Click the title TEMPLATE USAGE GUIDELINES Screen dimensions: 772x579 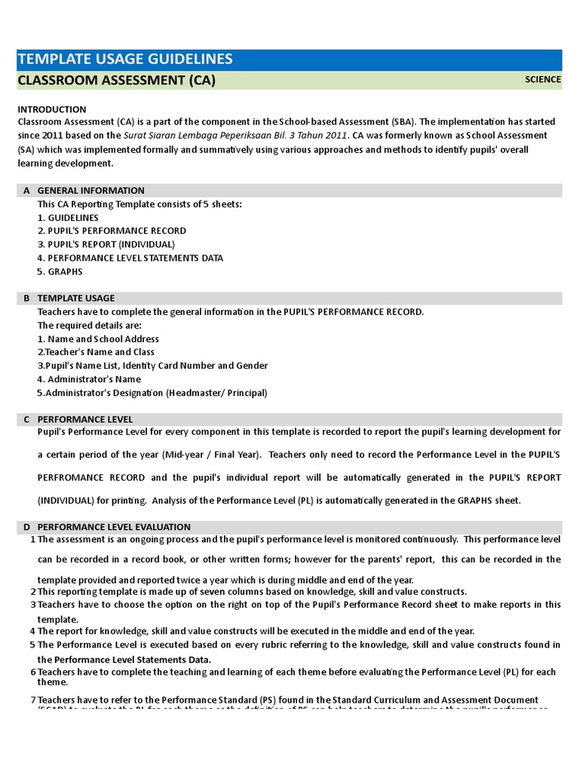click(x=124, y=60)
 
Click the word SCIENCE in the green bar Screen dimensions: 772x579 click(x=543, y=80)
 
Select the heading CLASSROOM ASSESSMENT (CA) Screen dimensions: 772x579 click(x=117, y=81)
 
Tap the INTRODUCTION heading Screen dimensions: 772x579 click(x=52, y=109)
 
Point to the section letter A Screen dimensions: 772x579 click(x=27, y=191)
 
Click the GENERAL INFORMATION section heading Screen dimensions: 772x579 click(x=90, y=191)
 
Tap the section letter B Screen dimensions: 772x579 click(x=27, y=299)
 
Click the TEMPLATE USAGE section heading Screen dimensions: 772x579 click(x=76, y=299)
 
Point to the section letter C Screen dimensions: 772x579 click(x=27, y=419)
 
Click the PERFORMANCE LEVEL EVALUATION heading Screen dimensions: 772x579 click(x=114, y=527)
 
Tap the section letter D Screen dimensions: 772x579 click(x=27, y=527)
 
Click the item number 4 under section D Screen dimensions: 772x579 click(x=33, y=632)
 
